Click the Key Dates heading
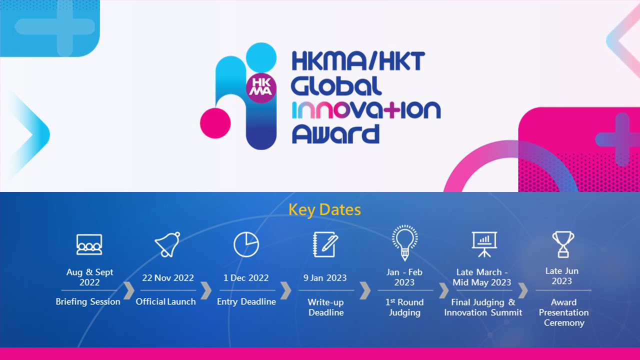[324, 210]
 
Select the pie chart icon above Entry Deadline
[246, 244]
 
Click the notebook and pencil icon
[325, 244]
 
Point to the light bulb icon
[404, 242]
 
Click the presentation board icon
[484, 244]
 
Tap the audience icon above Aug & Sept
[89, 244]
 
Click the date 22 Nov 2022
[168, 278]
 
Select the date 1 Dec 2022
[246, 278]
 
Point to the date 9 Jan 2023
[325, 278]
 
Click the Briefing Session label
[88, 302]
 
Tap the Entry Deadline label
[246, 302]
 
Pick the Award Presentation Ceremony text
[563, 312]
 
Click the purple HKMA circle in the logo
[261, 88]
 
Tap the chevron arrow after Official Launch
[206, 290]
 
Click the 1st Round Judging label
[404, 307]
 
